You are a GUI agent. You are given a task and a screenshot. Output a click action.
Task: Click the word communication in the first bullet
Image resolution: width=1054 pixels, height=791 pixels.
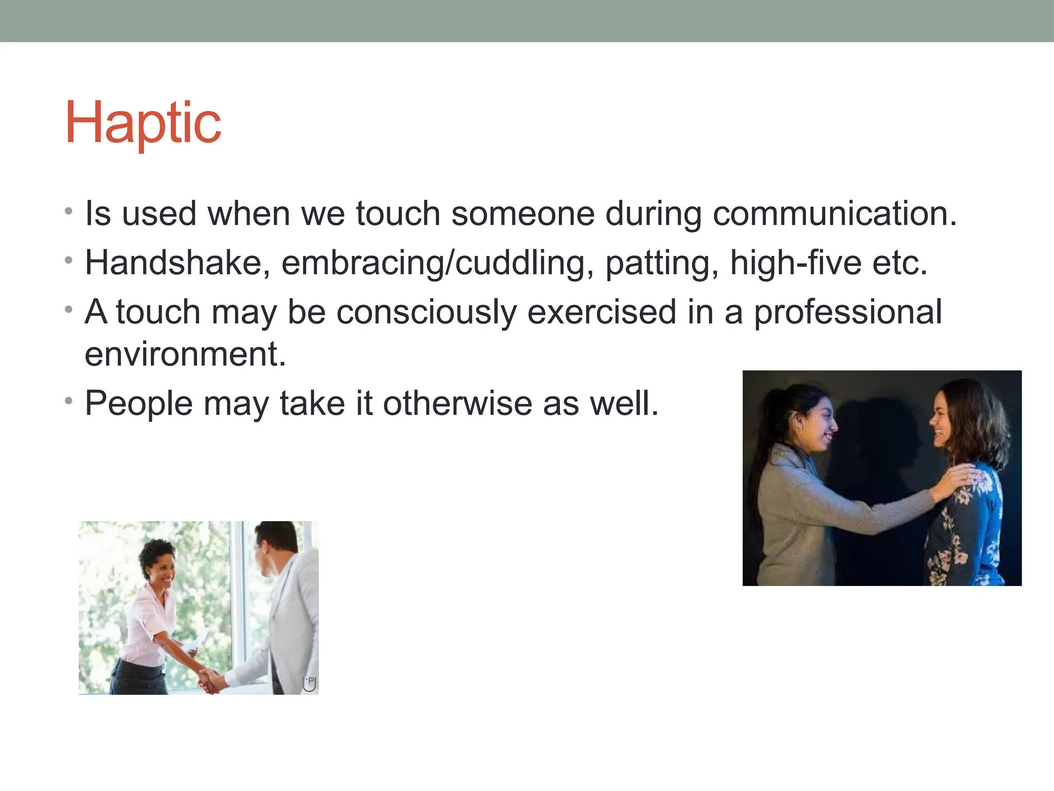click(x=834, y=213)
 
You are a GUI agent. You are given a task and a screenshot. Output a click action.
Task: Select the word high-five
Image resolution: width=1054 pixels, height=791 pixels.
click(x=795, y=263)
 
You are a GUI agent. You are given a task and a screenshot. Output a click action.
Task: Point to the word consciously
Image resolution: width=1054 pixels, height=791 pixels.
click(x=426, y=312)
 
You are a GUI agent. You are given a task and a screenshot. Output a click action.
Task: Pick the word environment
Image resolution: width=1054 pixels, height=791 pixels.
click(x=184, y=354)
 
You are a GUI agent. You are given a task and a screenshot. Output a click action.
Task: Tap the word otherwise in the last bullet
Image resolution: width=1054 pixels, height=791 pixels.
click(x=457, y=403)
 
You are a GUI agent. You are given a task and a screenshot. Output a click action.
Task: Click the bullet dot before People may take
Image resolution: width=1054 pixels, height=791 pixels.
click(x=69, y=401)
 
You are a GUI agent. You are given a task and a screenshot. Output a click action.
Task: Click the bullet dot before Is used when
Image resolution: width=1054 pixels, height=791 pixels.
click(x=69, y=211)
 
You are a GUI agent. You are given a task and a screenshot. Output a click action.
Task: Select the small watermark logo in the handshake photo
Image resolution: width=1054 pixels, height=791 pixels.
click(x=309, y=683)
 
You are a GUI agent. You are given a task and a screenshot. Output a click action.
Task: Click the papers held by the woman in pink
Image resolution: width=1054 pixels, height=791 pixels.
click(x=196, y=641)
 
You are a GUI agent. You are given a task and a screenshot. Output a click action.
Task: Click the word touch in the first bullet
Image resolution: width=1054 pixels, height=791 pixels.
click(x=398, y=213)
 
